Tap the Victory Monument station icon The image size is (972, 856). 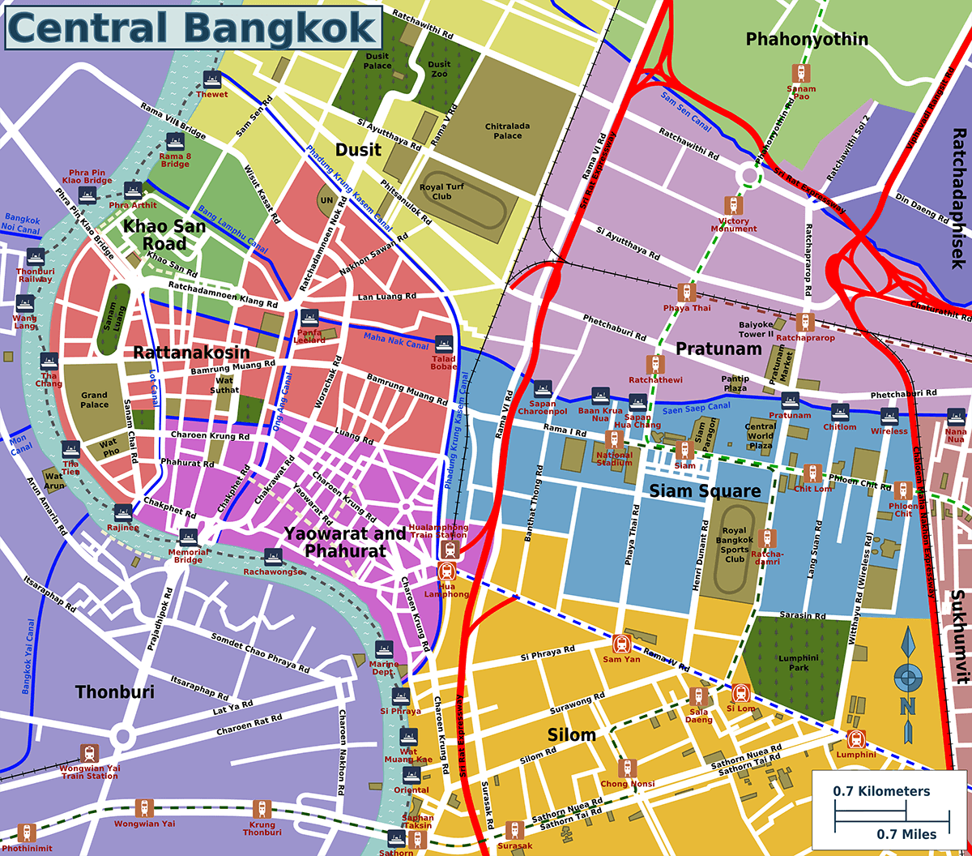(733, 204)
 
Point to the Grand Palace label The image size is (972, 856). (94, 400)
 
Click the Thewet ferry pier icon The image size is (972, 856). (213, 79)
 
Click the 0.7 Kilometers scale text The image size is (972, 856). (881, 791)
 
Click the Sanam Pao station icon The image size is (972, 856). (801, 73)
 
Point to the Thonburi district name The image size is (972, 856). (114, 691)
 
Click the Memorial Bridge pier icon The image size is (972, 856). (188, 538)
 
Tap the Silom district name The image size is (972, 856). (572, 735)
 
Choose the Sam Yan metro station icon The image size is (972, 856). (622, 645)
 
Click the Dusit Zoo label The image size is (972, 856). (439, 69)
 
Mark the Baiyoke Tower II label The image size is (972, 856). (757, 329)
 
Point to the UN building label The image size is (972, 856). (328, 199)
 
